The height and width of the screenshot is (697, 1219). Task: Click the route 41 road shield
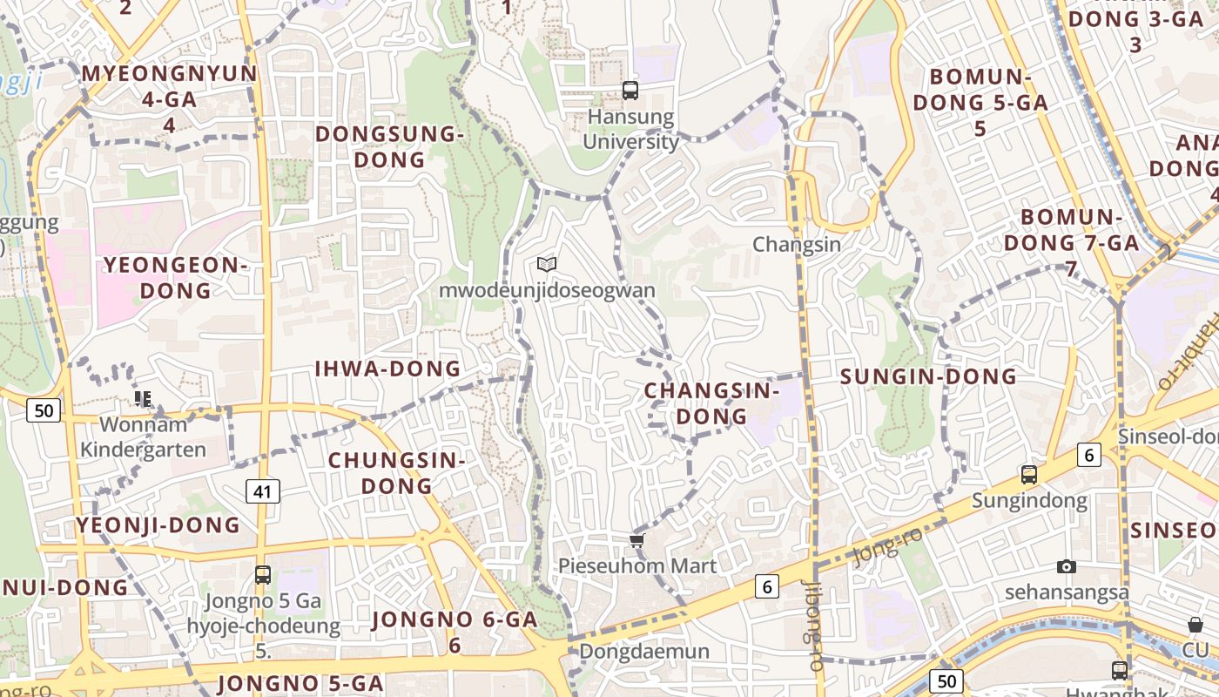(x=263, y=491)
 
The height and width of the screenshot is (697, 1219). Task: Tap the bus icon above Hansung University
(x=630, y=90)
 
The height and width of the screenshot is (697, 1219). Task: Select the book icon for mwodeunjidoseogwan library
(x=547, y=264)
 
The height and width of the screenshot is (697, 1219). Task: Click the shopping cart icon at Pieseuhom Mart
(x=636, y=541)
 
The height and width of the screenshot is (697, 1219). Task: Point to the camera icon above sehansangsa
(x=1067, y=567)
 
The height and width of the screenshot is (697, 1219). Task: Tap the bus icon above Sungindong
(x=1029, y=475)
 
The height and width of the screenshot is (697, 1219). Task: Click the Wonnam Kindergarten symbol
(x=143, y=399)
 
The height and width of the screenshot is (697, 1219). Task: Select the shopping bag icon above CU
(x=1195, y=625)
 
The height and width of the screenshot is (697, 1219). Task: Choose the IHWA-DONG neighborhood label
(x=388, y=369)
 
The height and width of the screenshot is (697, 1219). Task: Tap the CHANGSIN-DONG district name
(x=712, y=403)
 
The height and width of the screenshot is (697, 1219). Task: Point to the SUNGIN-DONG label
(x=928, y=376)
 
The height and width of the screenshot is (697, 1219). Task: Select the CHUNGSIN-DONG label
(x=397, y=472)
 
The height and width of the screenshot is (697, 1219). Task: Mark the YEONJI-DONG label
(x=158, y=524)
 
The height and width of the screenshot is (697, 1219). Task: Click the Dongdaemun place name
(x=644, y=651)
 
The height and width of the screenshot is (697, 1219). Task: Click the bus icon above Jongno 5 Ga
(x=263, y=575)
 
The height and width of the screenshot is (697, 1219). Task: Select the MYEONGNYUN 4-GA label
(x=170, y=98)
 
